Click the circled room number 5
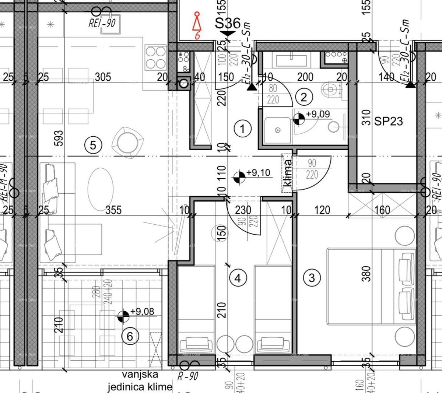tap(93, 145)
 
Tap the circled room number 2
tap(304, 97)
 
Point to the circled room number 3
tap(312, 277)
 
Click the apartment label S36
tap(228, 23)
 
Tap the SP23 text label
tap(389, 121)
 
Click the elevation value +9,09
tap(318, 114)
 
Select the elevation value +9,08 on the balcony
tap(142, 312)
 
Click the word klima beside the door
tap(288, 173)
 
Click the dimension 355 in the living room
tap(113, 210)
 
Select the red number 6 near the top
tap(198, 36)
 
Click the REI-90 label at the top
tap(102, 23)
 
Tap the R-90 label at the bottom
tap(187, 376)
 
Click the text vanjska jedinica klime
tap(140, 381)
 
